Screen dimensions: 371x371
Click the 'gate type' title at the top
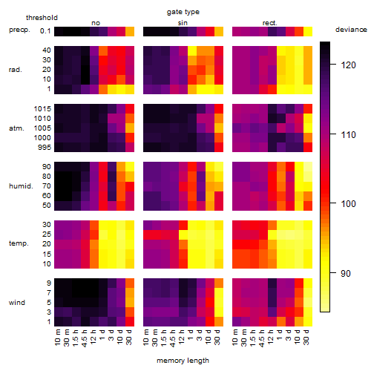coord(183,12)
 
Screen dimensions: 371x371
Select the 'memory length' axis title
coord(183,361)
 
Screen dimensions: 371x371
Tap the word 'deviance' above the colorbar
coord(351,30)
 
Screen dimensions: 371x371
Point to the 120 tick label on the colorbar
coord(348,65)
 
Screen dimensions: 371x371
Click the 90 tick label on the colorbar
coord(346,274)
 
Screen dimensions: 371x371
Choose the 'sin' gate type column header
coord(183,23)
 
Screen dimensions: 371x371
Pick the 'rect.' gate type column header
coord(270,23)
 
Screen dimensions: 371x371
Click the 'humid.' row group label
coord(21,186)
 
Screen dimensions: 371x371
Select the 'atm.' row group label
coord(16,128)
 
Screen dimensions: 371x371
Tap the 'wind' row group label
coord(17,303)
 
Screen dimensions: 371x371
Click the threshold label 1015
coord(42,109)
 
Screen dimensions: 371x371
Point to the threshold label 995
coord(45,148)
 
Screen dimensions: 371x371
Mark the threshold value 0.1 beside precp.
coord(45,31)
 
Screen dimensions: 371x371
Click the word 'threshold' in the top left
coord(42,18)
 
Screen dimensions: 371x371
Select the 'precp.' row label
coord(19,30)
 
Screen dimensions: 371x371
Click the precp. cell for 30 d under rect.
coord(308,31)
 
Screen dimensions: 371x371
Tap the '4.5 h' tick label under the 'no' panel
coord(84,338)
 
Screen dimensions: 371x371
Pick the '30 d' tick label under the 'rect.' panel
coord(306,338)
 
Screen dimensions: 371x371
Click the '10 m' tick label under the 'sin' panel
coord(146,338)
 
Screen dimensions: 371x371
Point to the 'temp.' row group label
coord(19,243)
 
